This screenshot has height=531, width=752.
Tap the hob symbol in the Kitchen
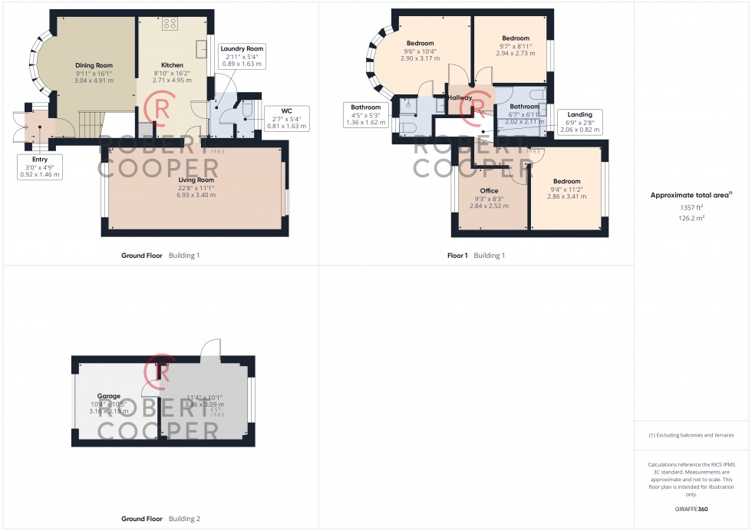pyautogui.click(x=170, y=23)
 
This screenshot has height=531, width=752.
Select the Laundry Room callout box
pyautogui.click(x=242, y=57)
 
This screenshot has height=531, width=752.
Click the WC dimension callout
pyautogui.click(x=287, y=119)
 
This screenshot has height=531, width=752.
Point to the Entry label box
pyautogui.click(x=38, y=167)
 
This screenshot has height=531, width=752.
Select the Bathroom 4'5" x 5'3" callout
pyautogui.click(x=365, y=115)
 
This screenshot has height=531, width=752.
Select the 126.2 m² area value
pyautogui.click(x=688, y=217)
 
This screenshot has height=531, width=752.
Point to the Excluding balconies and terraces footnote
pyautogui.click(x=691, y=435)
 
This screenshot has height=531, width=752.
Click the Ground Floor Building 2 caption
pyautogui.click(x=160, y=519)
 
